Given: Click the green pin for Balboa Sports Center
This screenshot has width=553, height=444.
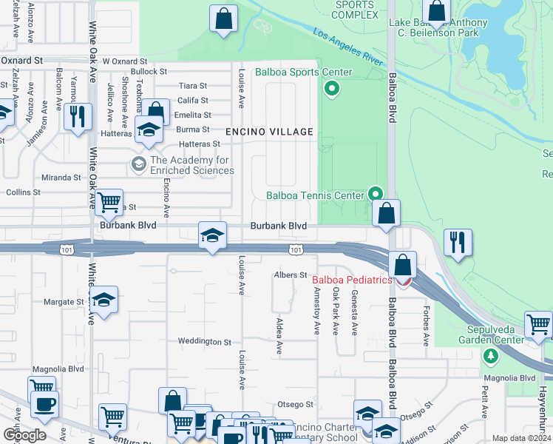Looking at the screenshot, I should point(332,90).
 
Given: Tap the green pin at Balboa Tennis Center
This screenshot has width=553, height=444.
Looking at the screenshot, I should point(376,195).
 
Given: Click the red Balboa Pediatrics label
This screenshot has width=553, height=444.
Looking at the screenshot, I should point(351,280).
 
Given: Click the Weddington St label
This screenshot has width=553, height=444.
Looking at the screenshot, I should point(205,342).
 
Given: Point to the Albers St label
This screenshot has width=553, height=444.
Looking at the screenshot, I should point(291,275).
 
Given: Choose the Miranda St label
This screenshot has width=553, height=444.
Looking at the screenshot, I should point(61,178).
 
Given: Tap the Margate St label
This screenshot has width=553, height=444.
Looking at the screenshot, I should point(64,302).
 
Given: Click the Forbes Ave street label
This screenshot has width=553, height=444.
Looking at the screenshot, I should point(425,326).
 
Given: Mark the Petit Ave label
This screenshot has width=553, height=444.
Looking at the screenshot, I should point(485,400).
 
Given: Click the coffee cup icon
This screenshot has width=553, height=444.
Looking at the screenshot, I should point(44,404).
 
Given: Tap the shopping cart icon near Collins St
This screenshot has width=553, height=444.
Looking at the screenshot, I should point(109,201).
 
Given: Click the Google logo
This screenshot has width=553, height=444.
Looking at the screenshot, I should point(24,434).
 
